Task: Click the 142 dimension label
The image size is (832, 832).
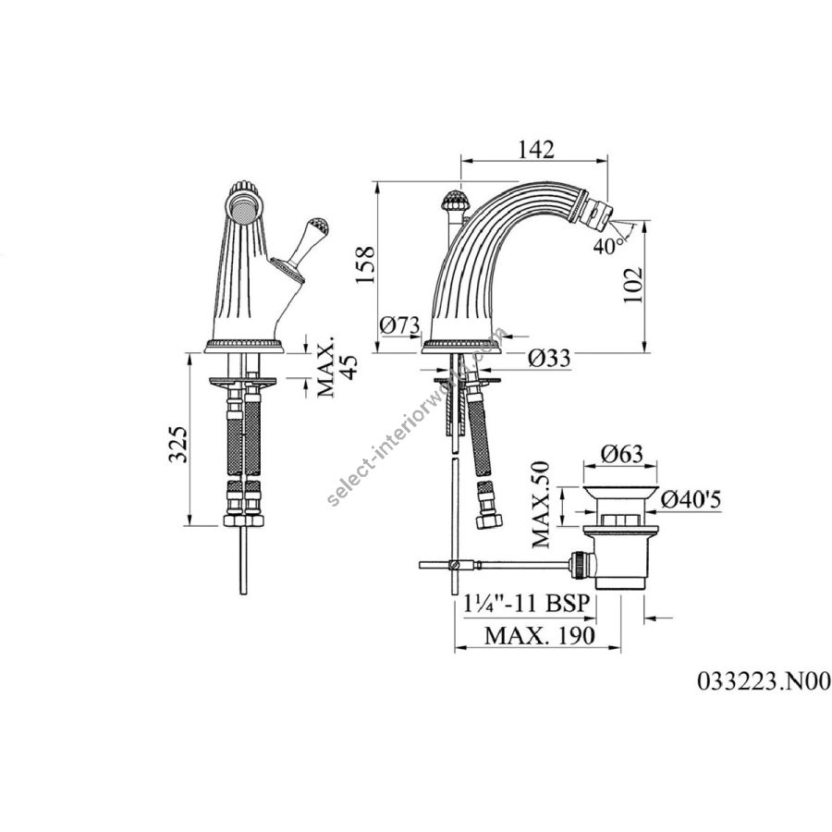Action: click(x=536, y=149)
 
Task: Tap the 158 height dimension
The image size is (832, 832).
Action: click(x=365, y=264)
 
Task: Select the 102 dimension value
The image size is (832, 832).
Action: click(x=632, y=285)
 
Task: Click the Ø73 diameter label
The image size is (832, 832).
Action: click(x=399, y=325)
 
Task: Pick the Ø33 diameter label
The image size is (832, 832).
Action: click(x=549, y=358)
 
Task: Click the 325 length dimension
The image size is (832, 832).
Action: click(x=178, y=444)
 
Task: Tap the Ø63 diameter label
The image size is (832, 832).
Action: click(x=622, y=454)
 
